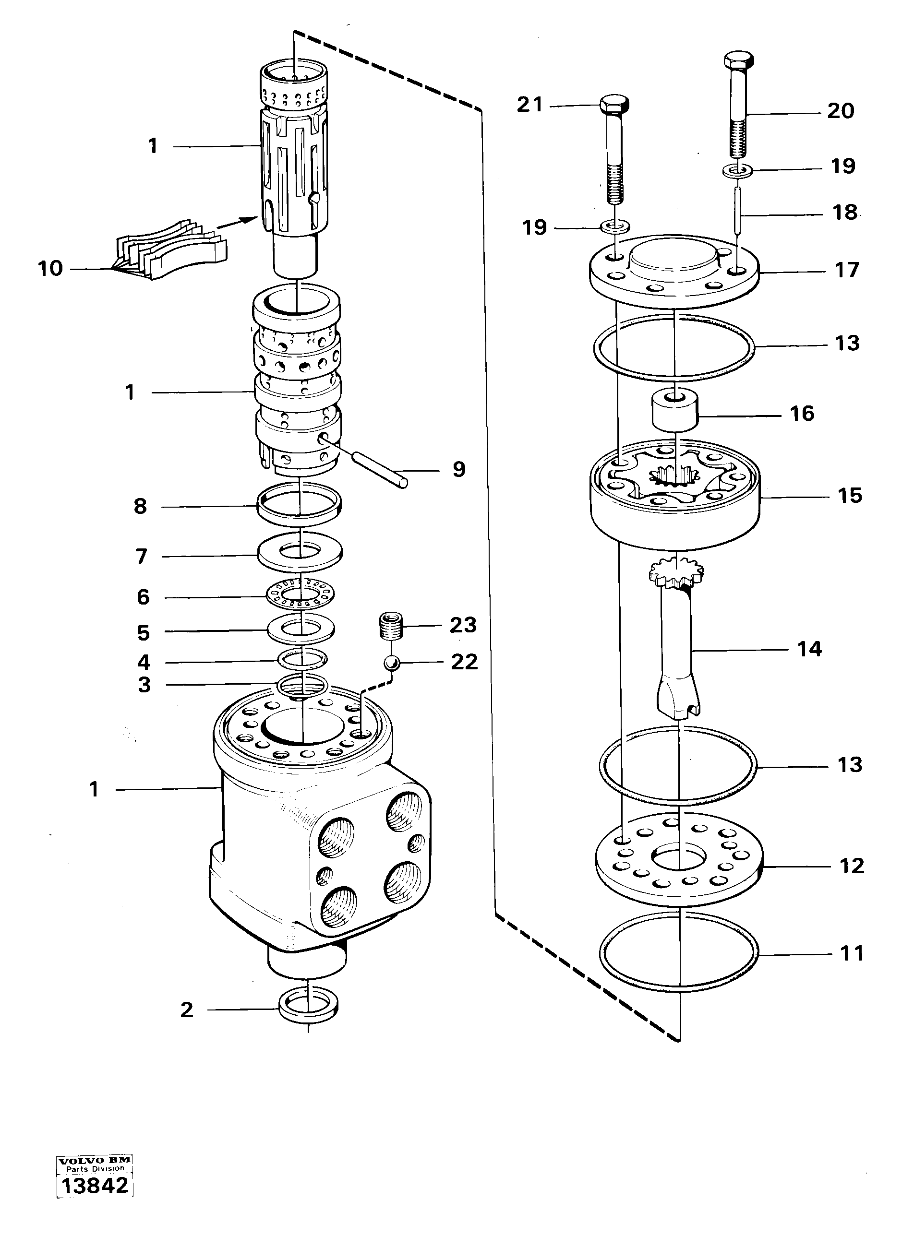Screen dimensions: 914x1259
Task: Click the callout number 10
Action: [x=50, y=269]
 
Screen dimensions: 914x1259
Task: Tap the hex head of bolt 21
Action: [x=614, y=103]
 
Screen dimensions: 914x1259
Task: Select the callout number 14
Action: [x=809, y=648]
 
